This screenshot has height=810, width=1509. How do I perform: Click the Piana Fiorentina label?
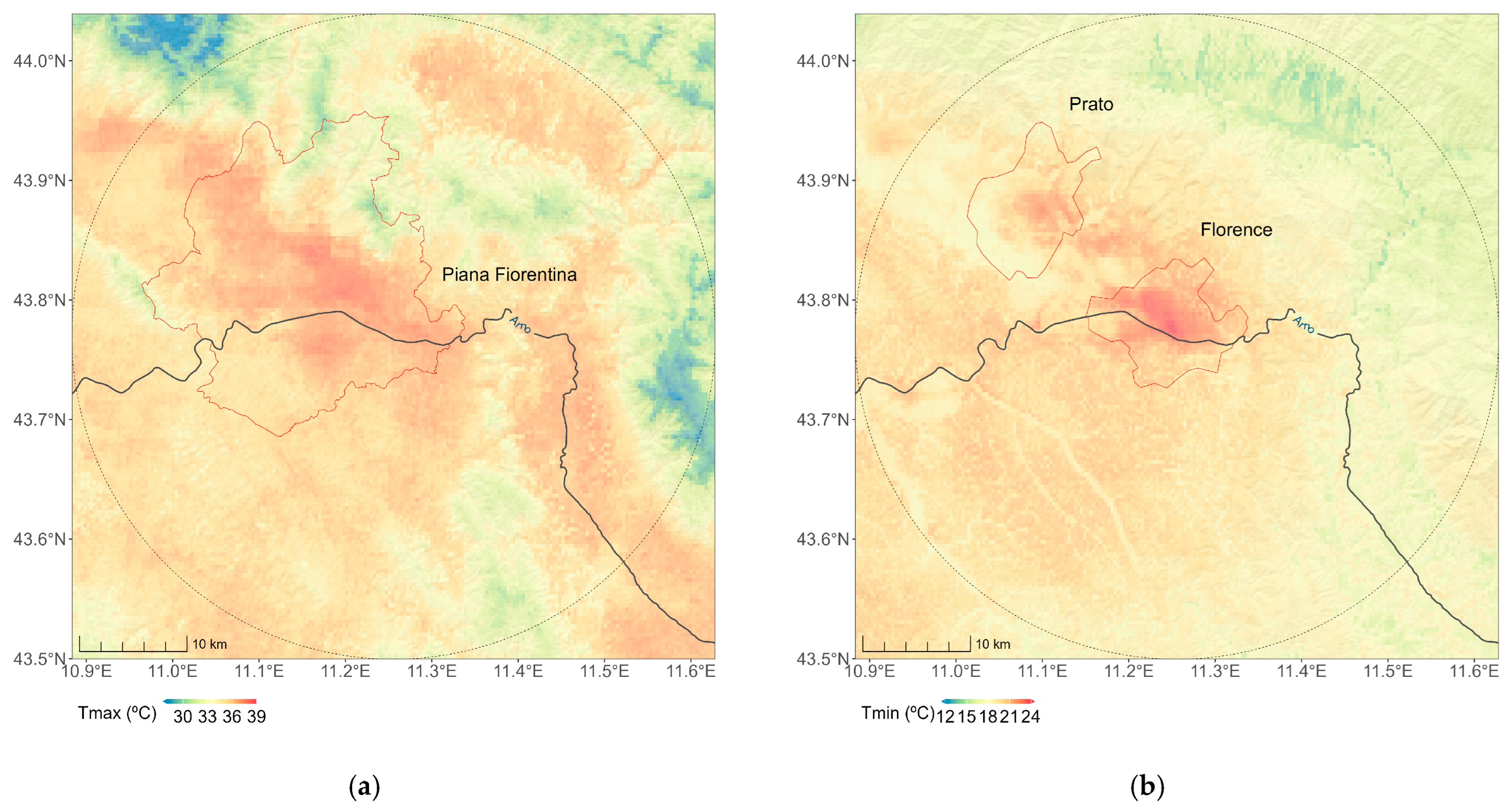point(509,274)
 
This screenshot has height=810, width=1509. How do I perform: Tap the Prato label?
point(1091,105)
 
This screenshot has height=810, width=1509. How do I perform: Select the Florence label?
point(1236,230)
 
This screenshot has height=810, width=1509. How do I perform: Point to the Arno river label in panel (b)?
point(1303,324)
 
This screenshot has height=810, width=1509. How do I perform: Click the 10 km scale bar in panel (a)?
point(133,644)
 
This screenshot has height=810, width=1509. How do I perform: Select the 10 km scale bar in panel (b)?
point(916,644)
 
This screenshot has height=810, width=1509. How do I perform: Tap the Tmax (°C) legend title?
point(117,713)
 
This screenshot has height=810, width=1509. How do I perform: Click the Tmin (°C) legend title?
point(897,713)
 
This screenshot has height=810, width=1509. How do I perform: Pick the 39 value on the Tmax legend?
point(257,717)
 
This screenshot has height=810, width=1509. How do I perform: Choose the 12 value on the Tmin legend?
point(946,717)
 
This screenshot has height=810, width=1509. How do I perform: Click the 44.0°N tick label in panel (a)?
point(39,61)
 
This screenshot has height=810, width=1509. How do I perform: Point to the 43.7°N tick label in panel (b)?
point(822,420)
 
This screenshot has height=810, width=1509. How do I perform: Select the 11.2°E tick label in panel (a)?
point(346,671)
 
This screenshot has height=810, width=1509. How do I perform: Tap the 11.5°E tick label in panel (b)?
point(1388,671)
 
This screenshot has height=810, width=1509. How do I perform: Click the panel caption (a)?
point(364,787)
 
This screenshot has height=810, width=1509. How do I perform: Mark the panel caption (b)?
point(1147,787)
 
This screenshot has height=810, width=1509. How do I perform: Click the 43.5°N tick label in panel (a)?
point(39,659)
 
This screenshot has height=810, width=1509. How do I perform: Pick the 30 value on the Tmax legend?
point(183,717)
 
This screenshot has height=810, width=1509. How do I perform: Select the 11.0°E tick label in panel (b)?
point(956,671)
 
